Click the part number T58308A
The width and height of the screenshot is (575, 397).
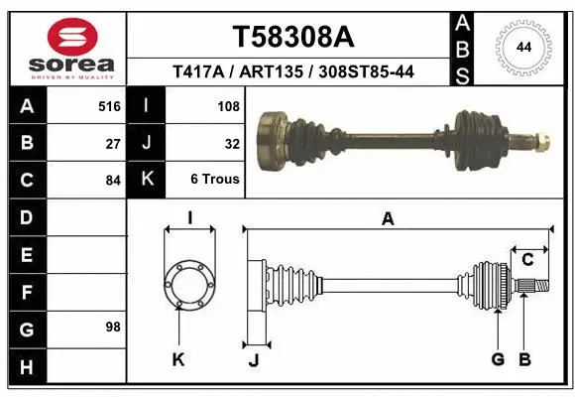[x=292, y=37]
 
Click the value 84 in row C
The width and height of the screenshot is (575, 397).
[x=113, y=180]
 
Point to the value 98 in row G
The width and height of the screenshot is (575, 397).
[x=113, y=327]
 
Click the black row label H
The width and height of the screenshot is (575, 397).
[x=27, y=367]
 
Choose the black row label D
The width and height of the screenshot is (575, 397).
[x=27, y=217]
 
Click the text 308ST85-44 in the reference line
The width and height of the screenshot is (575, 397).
[x=368, y=71]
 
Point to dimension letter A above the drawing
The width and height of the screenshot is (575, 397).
[x=388, y=218]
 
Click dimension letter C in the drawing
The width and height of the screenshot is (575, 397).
[x=527, y=259]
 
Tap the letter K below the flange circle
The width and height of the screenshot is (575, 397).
[x=178, y=359]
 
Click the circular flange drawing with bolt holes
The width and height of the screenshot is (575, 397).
[x=188, y=283]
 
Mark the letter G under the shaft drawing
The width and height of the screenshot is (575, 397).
[x=498, y=359]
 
